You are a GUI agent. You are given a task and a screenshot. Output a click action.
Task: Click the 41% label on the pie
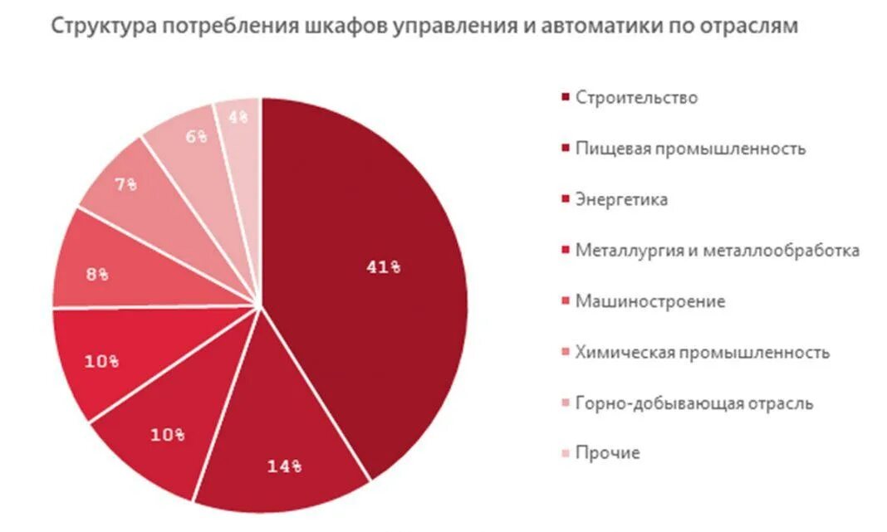pyautogui.click(x=383, y=266)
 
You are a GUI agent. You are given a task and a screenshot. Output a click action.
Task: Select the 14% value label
pyautogui.click(x=284, y=466)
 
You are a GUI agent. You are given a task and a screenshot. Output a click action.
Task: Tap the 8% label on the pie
pyautogui.click(x=97, y=275)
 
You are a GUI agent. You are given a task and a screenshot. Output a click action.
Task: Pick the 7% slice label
pyautogui.click(x=126, y=185)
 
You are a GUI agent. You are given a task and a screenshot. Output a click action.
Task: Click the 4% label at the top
pyautogui.click(x=238, y=117)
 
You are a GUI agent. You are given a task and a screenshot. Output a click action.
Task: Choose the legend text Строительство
pyautogui.click(x=636, y=98)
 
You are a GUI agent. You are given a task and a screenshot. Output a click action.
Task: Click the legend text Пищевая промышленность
pyautogui.click(x=690, y=149)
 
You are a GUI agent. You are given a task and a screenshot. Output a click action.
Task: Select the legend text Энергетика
pyautogui.click(x=621, y=200)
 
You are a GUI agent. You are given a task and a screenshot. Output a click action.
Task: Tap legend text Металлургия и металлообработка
pyautogui.click(x=717, y=251)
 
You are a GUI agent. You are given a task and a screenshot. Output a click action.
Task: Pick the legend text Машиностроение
pyautogui.click(x=649, y=301)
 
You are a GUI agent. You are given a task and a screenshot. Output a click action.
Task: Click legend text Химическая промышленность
pyautogui.click(x=702, y=352)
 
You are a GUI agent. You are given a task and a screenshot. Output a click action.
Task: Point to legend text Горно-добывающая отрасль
pyautogui.click(x=693, y=403)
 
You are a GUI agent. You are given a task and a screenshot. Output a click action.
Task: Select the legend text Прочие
pyautogui.click(x=607, y=453)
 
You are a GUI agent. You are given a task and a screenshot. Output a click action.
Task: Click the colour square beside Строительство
pyautogui.click(x=566, y=98)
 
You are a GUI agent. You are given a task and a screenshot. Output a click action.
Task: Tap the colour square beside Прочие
pyautogui.click(x=566, y=454)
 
